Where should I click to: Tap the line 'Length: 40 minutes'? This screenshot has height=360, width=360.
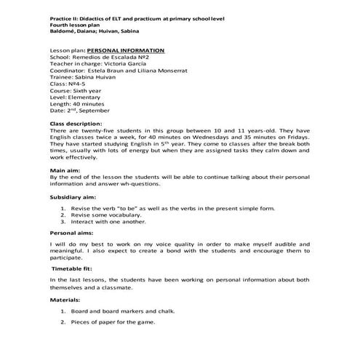[79, 103]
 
